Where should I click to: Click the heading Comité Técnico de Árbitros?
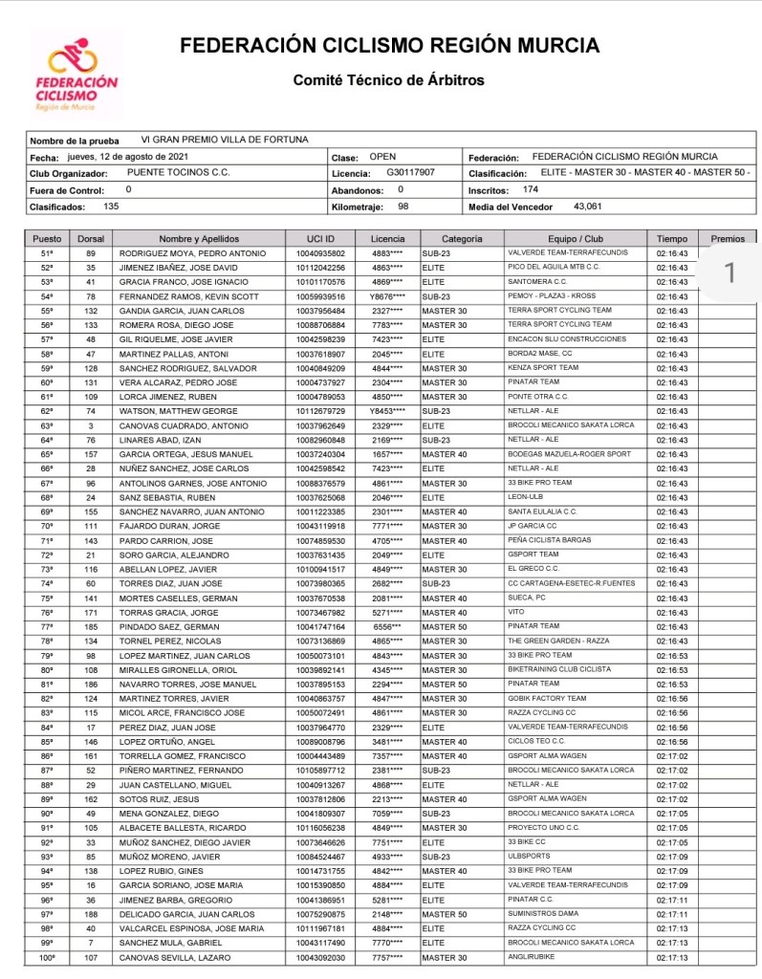tap(388, 80)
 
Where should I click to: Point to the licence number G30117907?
tap(410, 173)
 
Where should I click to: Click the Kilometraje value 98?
tap(403, 206)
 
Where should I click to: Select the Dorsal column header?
tap(91, 238)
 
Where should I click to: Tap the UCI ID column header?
tap(320, 238)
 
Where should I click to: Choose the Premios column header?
tap(728, 238)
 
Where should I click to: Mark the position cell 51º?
tap(47, 252)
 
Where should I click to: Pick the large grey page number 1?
tap(730, 273)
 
